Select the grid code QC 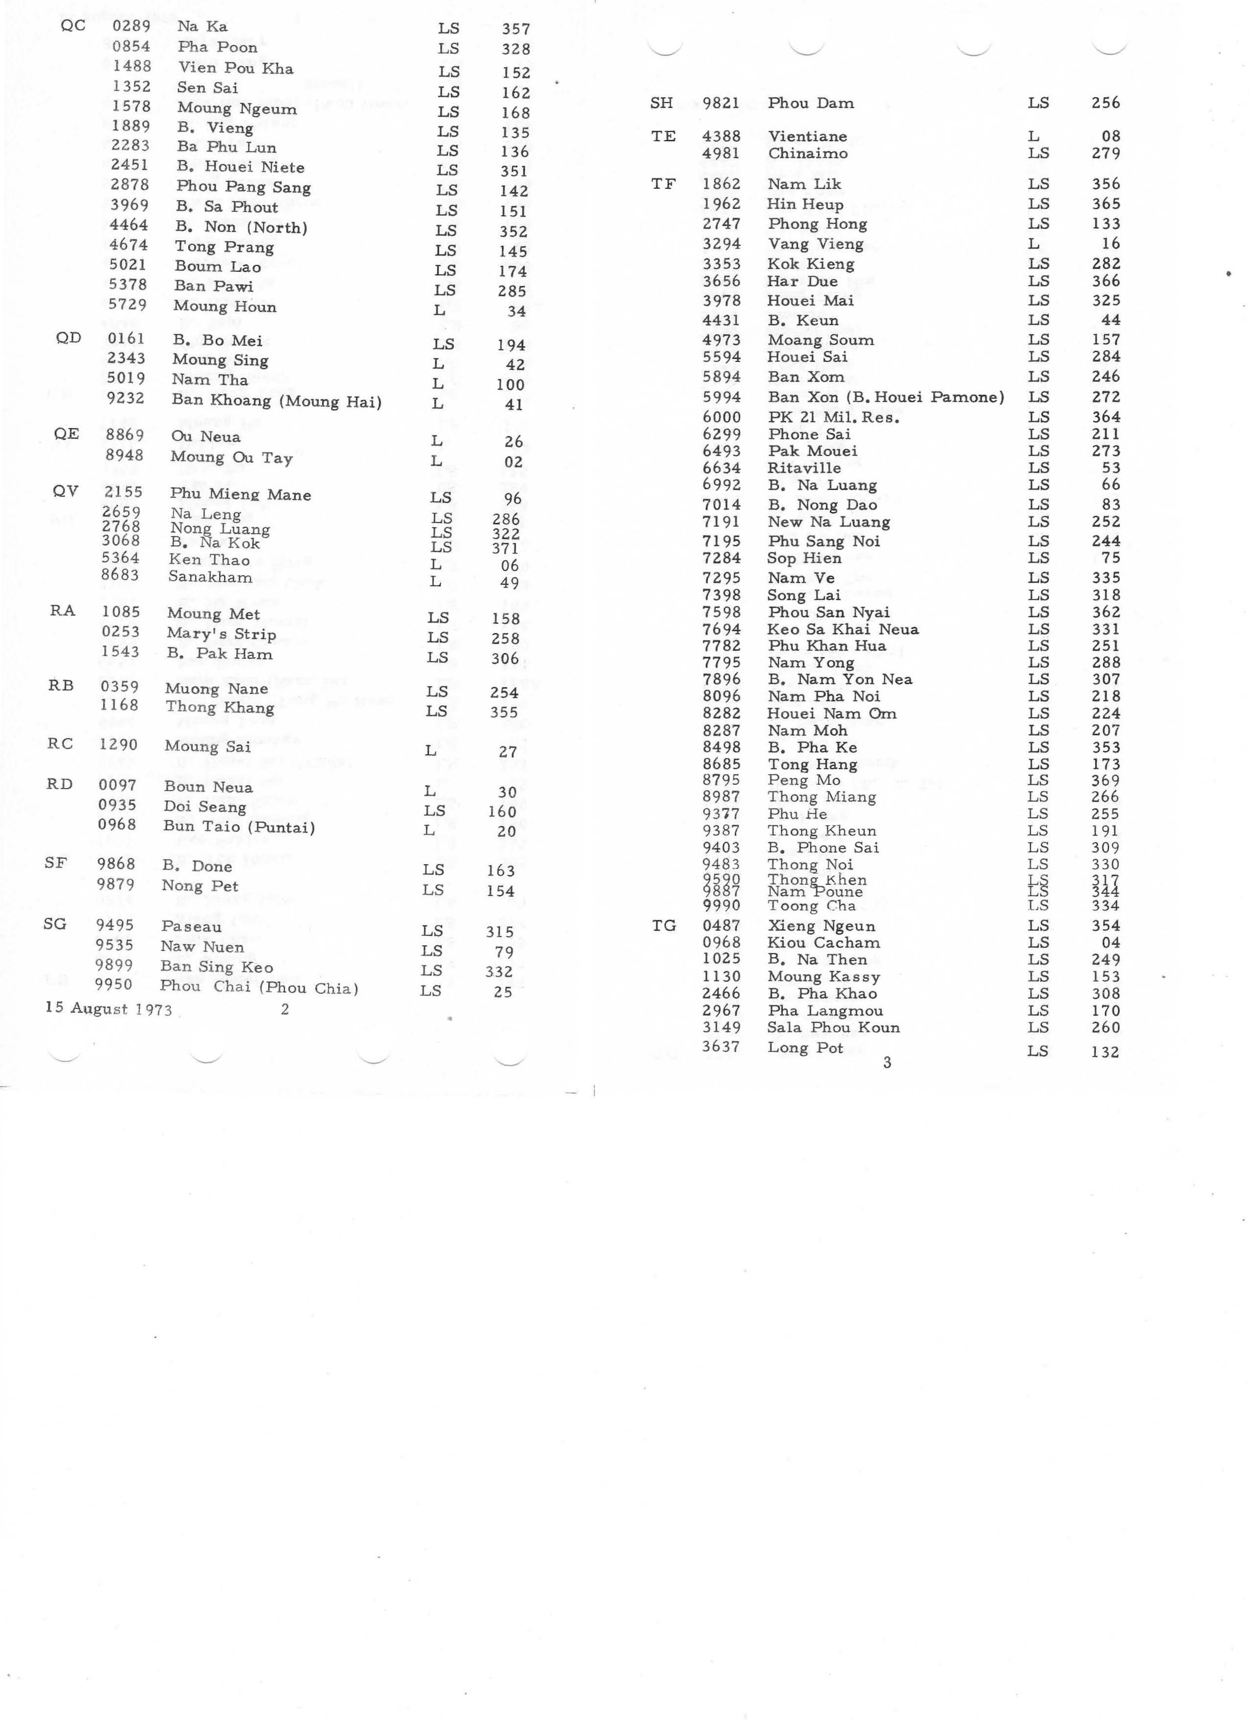[x=73, y=25]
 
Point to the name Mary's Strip [x=222, y=634]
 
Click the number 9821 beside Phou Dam [x=721, y=103]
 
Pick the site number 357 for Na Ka [x=516, y=29]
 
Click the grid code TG [x=664, y=926]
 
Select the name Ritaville [x=804, y=468]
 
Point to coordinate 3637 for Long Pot [x=721, y=1047]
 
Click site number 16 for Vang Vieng [x=1110, y=244]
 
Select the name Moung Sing [x=220, y=360]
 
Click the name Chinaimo [x=808, y=154]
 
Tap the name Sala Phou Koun [x=833, y=1027]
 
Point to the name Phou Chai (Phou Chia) [x=259, y=987]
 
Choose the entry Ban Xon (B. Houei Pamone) [x=885, y=397]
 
